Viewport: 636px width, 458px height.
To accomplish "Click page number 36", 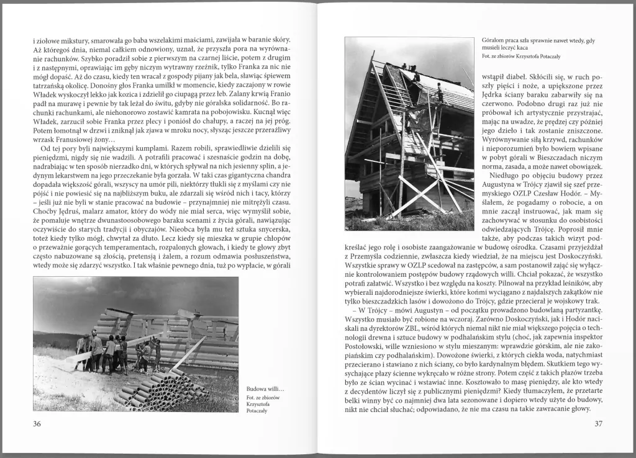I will click(37, 424).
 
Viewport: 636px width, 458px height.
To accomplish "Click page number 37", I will click(598, 424).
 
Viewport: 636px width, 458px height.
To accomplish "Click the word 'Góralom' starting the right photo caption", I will click(494, 40).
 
